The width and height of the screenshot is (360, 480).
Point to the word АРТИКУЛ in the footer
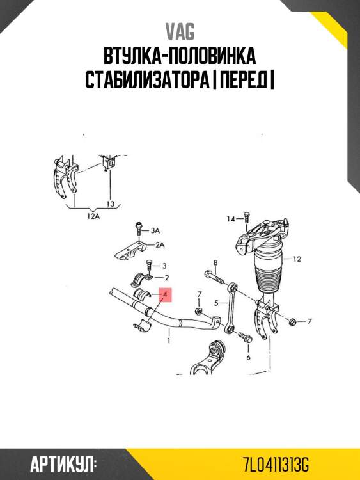point(63,463)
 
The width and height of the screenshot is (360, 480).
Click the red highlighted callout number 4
point(166,296)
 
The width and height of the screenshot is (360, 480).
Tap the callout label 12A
point(94,216)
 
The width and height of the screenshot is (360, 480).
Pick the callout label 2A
point(159,244)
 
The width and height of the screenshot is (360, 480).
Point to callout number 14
point(230,219)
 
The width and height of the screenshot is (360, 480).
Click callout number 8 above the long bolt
point(215,263)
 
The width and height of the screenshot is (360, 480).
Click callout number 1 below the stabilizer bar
point(168,341)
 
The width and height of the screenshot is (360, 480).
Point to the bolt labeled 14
point(246,221)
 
